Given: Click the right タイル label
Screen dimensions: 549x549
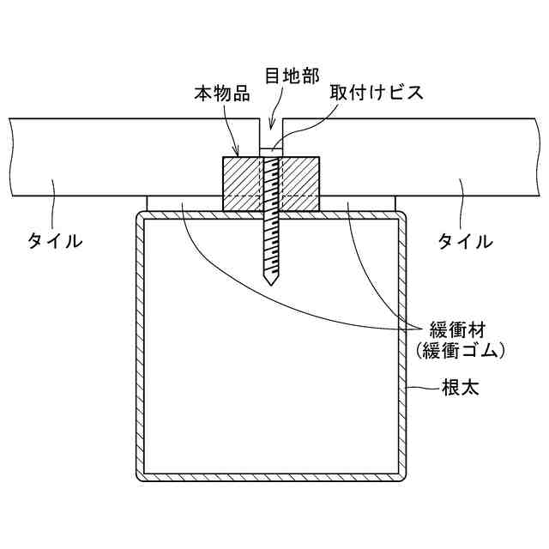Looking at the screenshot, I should (466, 241).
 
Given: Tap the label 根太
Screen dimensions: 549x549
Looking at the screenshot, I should (460, 389).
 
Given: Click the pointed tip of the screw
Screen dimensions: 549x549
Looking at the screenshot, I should (270, 283).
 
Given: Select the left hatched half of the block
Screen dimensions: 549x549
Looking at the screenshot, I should (243, 183).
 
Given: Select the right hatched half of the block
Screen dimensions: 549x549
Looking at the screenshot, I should (299, 183).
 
